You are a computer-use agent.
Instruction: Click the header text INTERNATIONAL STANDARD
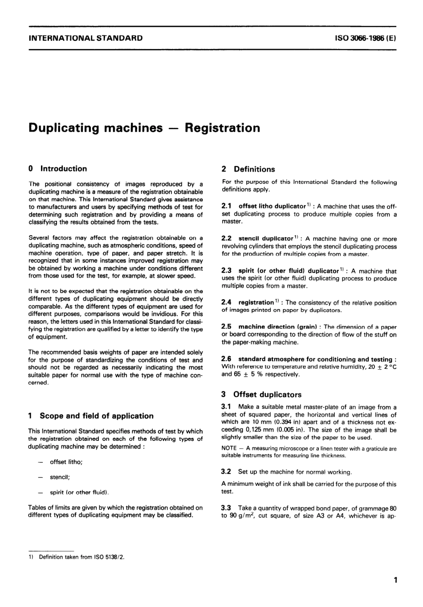[85, 38]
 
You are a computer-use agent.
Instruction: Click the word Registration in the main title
[222, 128]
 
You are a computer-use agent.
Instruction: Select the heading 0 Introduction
[57, 169]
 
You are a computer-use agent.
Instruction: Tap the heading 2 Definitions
[248, 169]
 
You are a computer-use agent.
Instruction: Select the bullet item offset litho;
[66, 462]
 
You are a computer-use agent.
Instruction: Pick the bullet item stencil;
[60, 477]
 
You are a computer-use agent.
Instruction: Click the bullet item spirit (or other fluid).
[79, 492]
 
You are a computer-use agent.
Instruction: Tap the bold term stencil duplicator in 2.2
[266, 239]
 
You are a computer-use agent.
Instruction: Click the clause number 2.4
[226, 302]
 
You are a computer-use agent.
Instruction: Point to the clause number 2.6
[226, 359]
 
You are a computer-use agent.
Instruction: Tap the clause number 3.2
[226, 472]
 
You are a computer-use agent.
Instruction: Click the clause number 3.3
[226, 508]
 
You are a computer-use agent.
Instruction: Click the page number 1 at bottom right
[395, 580]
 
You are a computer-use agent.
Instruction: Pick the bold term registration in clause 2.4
[256, 302]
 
